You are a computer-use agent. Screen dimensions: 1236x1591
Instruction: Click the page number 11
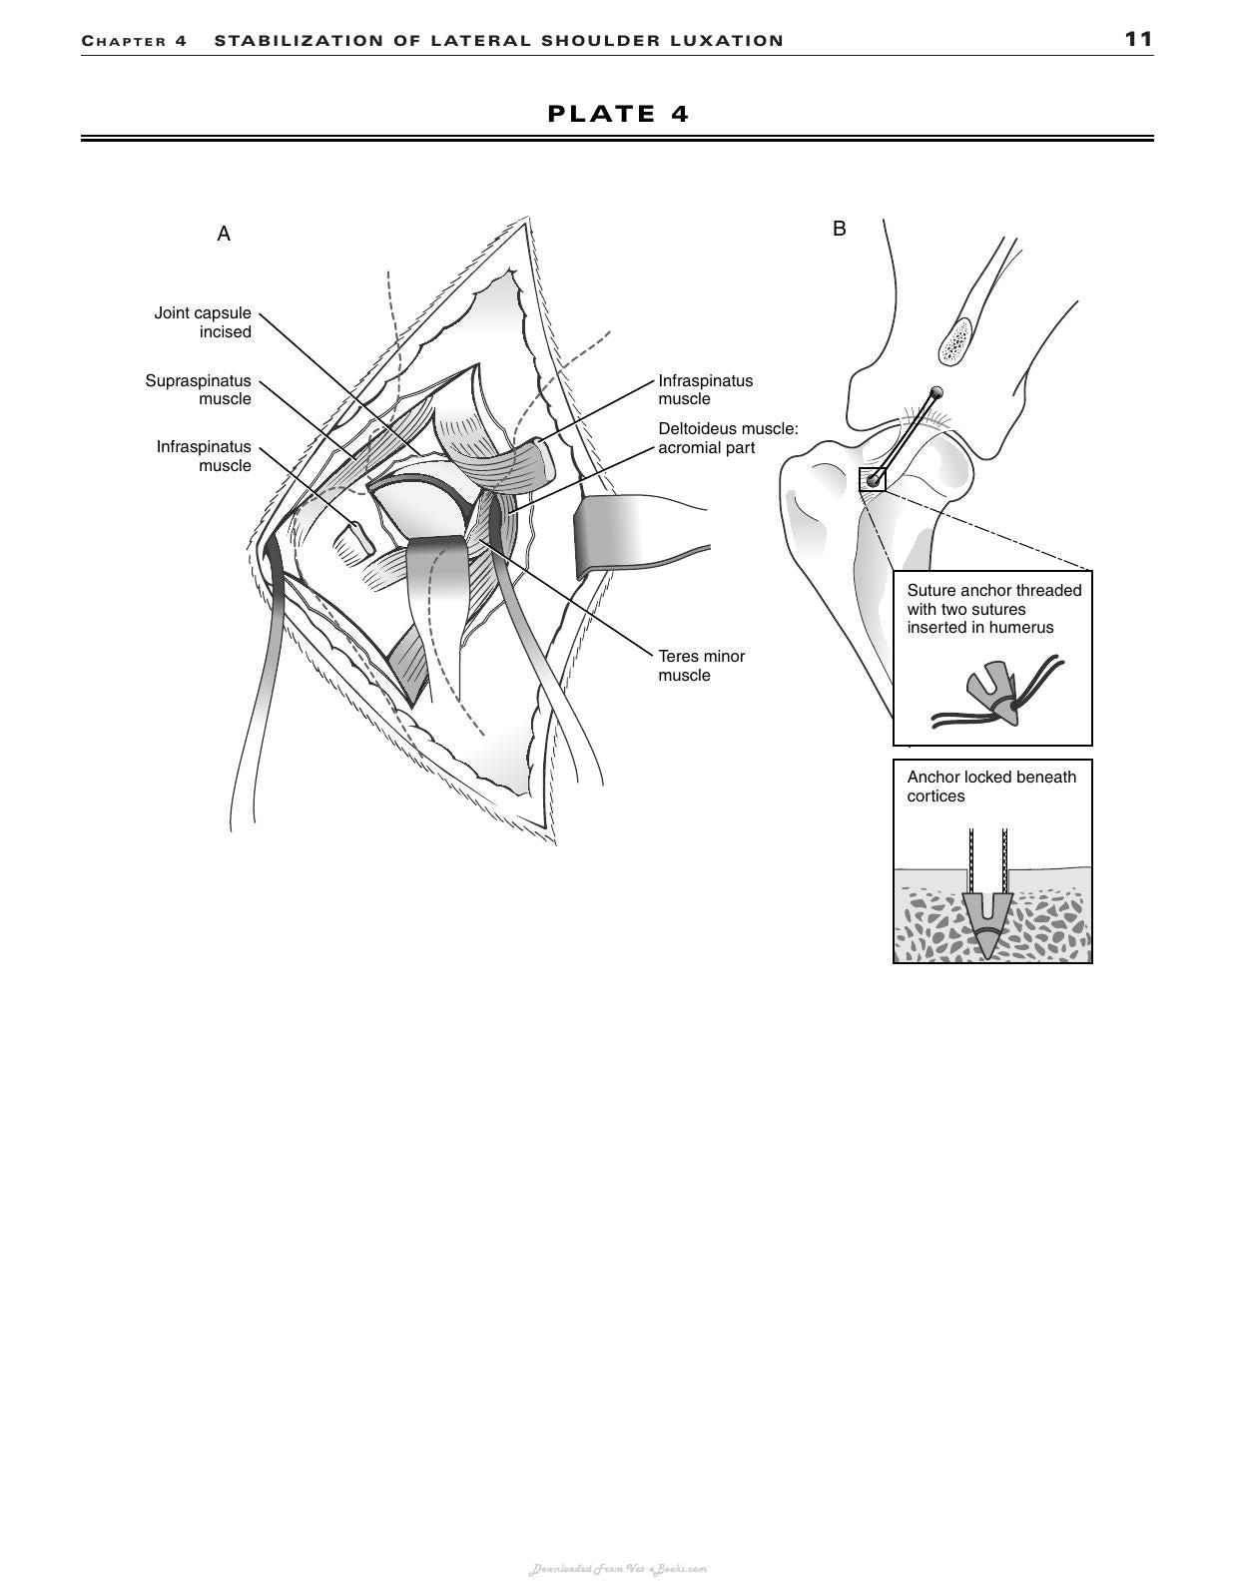coord(1138,39)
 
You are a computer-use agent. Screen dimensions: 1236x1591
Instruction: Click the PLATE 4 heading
coord(618,114)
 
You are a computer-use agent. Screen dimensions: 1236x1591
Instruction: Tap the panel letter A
coord(224,234)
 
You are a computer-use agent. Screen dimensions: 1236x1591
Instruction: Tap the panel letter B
coord(839,229)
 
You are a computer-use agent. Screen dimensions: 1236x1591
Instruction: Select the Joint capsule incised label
coord(203,322)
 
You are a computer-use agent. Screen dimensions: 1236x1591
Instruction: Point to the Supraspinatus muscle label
coord(199,389)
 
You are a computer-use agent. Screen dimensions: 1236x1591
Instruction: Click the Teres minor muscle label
coord(701,666)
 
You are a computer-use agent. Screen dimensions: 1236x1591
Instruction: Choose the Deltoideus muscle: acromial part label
coord(728,438)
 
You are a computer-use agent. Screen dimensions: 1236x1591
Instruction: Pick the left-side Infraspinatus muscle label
coord(204,456)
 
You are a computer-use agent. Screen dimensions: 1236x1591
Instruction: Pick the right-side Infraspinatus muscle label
coord(705,389)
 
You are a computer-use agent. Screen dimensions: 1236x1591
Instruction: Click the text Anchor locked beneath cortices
coord(991,787)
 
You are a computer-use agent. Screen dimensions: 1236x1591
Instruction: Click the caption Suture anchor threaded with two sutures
coord(994,600)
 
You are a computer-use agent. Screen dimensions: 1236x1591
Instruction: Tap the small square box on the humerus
coord(872,479)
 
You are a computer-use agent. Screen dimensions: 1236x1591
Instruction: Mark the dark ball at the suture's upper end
coord(935,392)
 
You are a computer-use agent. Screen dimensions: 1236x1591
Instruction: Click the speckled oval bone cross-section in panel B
coord(954,340)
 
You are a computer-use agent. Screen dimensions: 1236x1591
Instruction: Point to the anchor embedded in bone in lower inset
coord(987,924)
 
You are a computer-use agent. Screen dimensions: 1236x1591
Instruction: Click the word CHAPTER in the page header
coord(124,41)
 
